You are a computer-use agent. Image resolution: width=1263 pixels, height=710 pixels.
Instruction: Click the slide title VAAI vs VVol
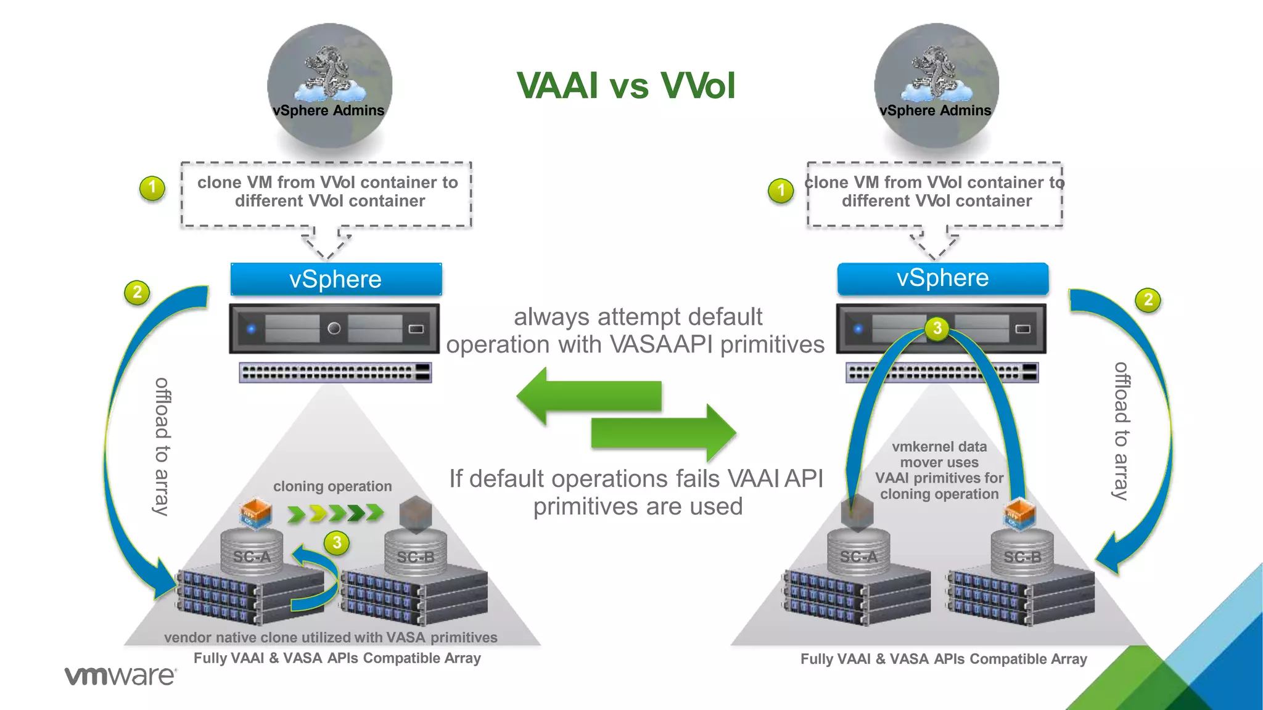coord(625,85)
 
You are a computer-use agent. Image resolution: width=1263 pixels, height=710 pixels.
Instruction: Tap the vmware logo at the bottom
coord(120,675)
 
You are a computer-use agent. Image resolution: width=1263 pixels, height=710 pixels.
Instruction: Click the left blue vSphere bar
coord(335,279)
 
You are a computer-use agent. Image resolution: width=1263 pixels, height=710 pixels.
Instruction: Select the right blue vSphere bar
coord(942,278)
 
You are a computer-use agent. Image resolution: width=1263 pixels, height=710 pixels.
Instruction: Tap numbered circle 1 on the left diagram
coord(152,188)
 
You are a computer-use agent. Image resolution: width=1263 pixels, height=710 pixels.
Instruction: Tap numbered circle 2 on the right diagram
coord(1148,300)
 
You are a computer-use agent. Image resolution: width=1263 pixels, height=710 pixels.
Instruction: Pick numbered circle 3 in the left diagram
coord(337,542)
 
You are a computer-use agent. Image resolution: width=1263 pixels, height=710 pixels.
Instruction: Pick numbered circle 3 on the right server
coord(937,328)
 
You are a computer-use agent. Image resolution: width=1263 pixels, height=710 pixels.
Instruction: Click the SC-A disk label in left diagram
coord(252,557)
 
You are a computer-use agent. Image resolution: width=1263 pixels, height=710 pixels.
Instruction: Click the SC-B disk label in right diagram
coord(1022,557)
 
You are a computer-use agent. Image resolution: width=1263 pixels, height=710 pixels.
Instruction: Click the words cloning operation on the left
coord(332,486)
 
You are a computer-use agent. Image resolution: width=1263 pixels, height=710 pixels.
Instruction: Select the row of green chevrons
coord(335,512)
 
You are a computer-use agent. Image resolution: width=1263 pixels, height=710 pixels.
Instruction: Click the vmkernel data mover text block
coord(939,470)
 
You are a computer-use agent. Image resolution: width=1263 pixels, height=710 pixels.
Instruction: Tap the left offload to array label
coord(162,446)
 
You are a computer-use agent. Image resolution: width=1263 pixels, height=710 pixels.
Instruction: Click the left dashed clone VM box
coord(327,194)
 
